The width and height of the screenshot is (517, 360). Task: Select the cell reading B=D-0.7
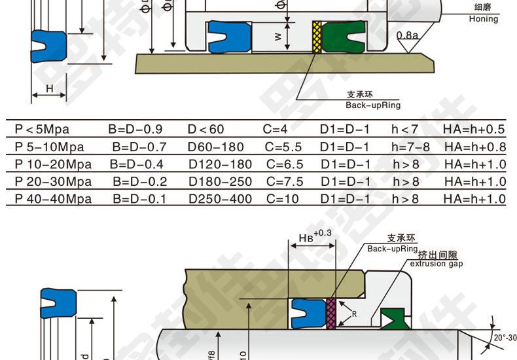coord(139,147)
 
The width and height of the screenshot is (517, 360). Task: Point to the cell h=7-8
coord(410,147)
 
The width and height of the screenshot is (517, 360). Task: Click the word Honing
coord(483,19)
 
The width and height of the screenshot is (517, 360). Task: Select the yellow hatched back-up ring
coord(317,37)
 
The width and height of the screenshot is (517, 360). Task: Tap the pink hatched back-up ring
coord(330,312)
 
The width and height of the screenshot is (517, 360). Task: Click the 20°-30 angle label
coord(504,338)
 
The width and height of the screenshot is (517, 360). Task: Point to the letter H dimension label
coord(49,88)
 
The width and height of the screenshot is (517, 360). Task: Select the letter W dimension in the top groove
coord(277,37)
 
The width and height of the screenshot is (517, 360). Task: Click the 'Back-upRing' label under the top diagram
coord(373,105)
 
